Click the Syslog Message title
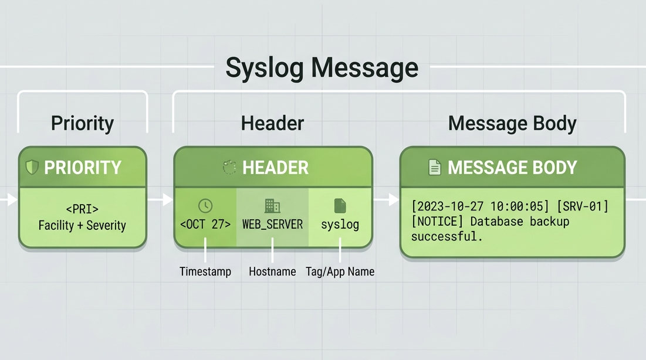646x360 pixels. pyautogui.click(x=322, y=67)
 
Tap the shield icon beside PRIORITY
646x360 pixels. pyautogui.click(x=32, y=167)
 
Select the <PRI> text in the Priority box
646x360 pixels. pyautogui.click(x=82, y=209)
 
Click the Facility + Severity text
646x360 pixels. pyautogui.click(x=82, y=225)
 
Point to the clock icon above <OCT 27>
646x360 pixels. pyautogui.click(x=205, y=206)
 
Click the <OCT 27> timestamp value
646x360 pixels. pyautogui.click(x=205, y=224)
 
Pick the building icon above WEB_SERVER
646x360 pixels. pyautogui.click(x=272, y=206)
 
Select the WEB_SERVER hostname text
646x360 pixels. pyautogui.click(x=272, y=225)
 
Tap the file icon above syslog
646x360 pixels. pyautogui.click(x=340, y=206)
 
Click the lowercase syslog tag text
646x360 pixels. pyautogui.click(x=340, y=225)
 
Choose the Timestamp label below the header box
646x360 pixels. pyautogui.click(x=205, y=272)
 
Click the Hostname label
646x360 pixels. pyautogui.click(x=272, y=272)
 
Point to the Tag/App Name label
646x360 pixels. pyautogui.click(x=340, y=272)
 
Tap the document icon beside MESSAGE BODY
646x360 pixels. pyautogui.click(x=435, y=167)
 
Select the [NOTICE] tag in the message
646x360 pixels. pyautogui.click(x=437, y=222)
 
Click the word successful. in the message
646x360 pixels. pyautogui.click(x=447, y=236)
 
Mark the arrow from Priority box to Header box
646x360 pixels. pyautogui.click(x=160, y=200)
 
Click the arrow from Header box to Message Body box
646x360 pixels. pyautogui.click(x=386, y=200)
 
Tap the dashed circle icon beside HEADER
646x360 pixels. pyautogui.click(x=229, y=167)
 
